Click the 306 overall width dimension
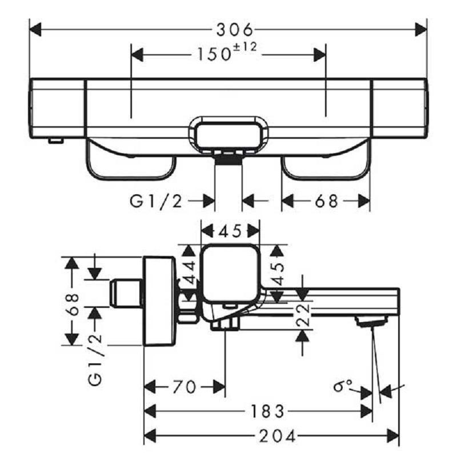click(x=228, y=29)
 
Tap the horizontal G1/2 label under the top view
click(x=157, y=201)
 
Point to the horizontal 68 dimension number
click(x=327, y=201)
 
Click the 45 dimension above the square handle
click(x=231, y=231)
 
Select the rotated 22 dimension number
click(x=303, y=315)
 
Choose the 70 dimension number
click(x=183, y=387)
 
